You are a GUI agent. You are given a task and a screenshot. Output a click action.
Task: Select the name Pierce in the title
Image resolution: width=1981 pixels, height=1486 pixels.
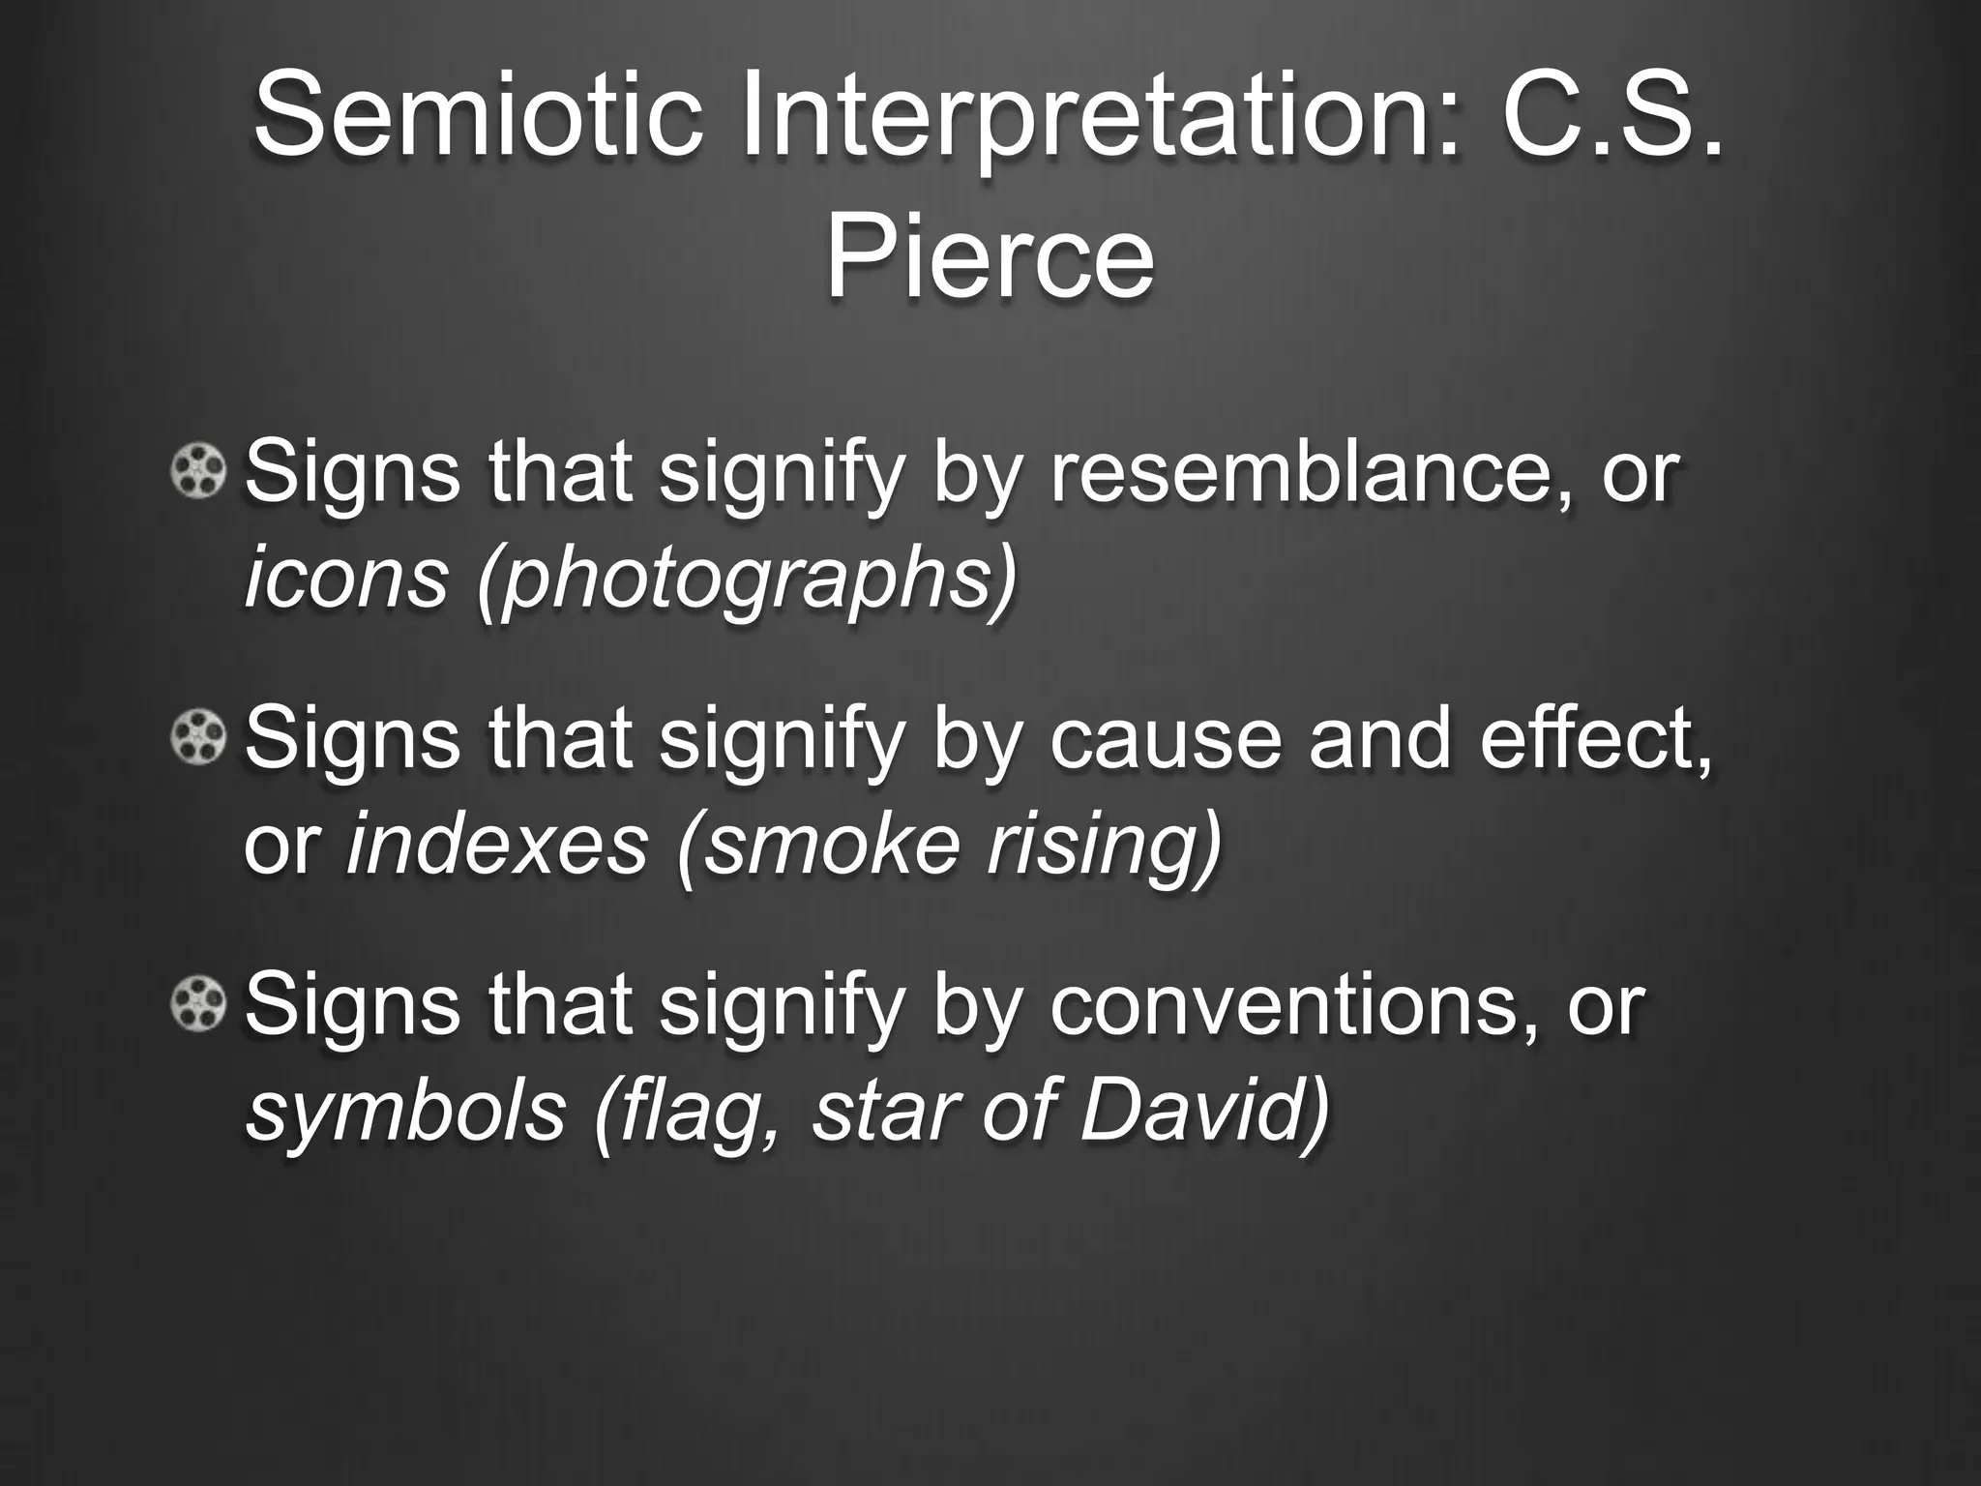989,257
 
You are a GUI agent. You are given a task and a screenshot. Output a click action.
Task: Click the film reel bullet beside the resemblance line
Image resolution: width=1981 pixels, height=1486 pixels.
198,473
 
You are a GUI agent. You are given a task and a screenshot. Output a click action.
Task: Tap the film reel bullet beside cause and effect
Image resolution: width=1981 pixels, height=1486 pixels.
198,740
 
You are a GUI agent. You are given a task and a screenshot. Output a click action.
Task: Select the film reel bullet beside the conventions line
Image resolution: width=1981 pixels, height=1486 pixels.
198,1005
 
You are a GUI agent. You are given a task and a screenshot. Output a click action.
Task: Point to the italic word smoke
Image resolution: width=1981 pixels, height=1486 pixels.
832,845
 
